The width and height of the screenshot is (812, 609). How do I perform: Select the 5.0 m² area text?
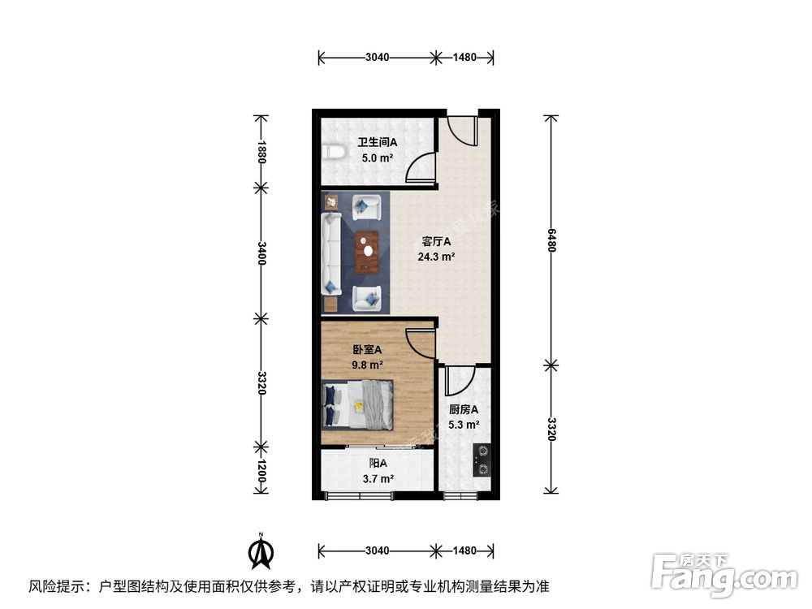[x=378, y=158]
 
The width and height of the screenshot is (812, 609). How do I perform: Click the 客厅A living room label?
[x=436, y=241]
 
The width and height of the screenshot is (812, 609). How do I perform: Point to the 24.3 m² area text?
[x=436, y=257]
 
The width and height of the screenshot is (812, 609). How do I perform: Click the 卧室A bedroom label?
[x=367, y=349]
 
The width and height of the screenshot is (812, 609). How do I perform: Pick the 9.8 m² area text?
[x=367, y=365]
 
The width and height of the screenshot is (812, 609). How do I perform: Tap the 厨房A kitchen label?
[x=463, y=409]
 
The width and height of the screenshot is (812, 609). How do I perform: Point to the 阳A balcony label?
[x=378, y=464]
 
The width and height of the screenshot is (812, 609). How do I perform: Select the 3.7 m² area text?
[x=378, y=479]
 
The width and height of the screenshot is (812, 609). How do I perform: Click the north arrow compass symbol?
[x=260, y=551]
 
